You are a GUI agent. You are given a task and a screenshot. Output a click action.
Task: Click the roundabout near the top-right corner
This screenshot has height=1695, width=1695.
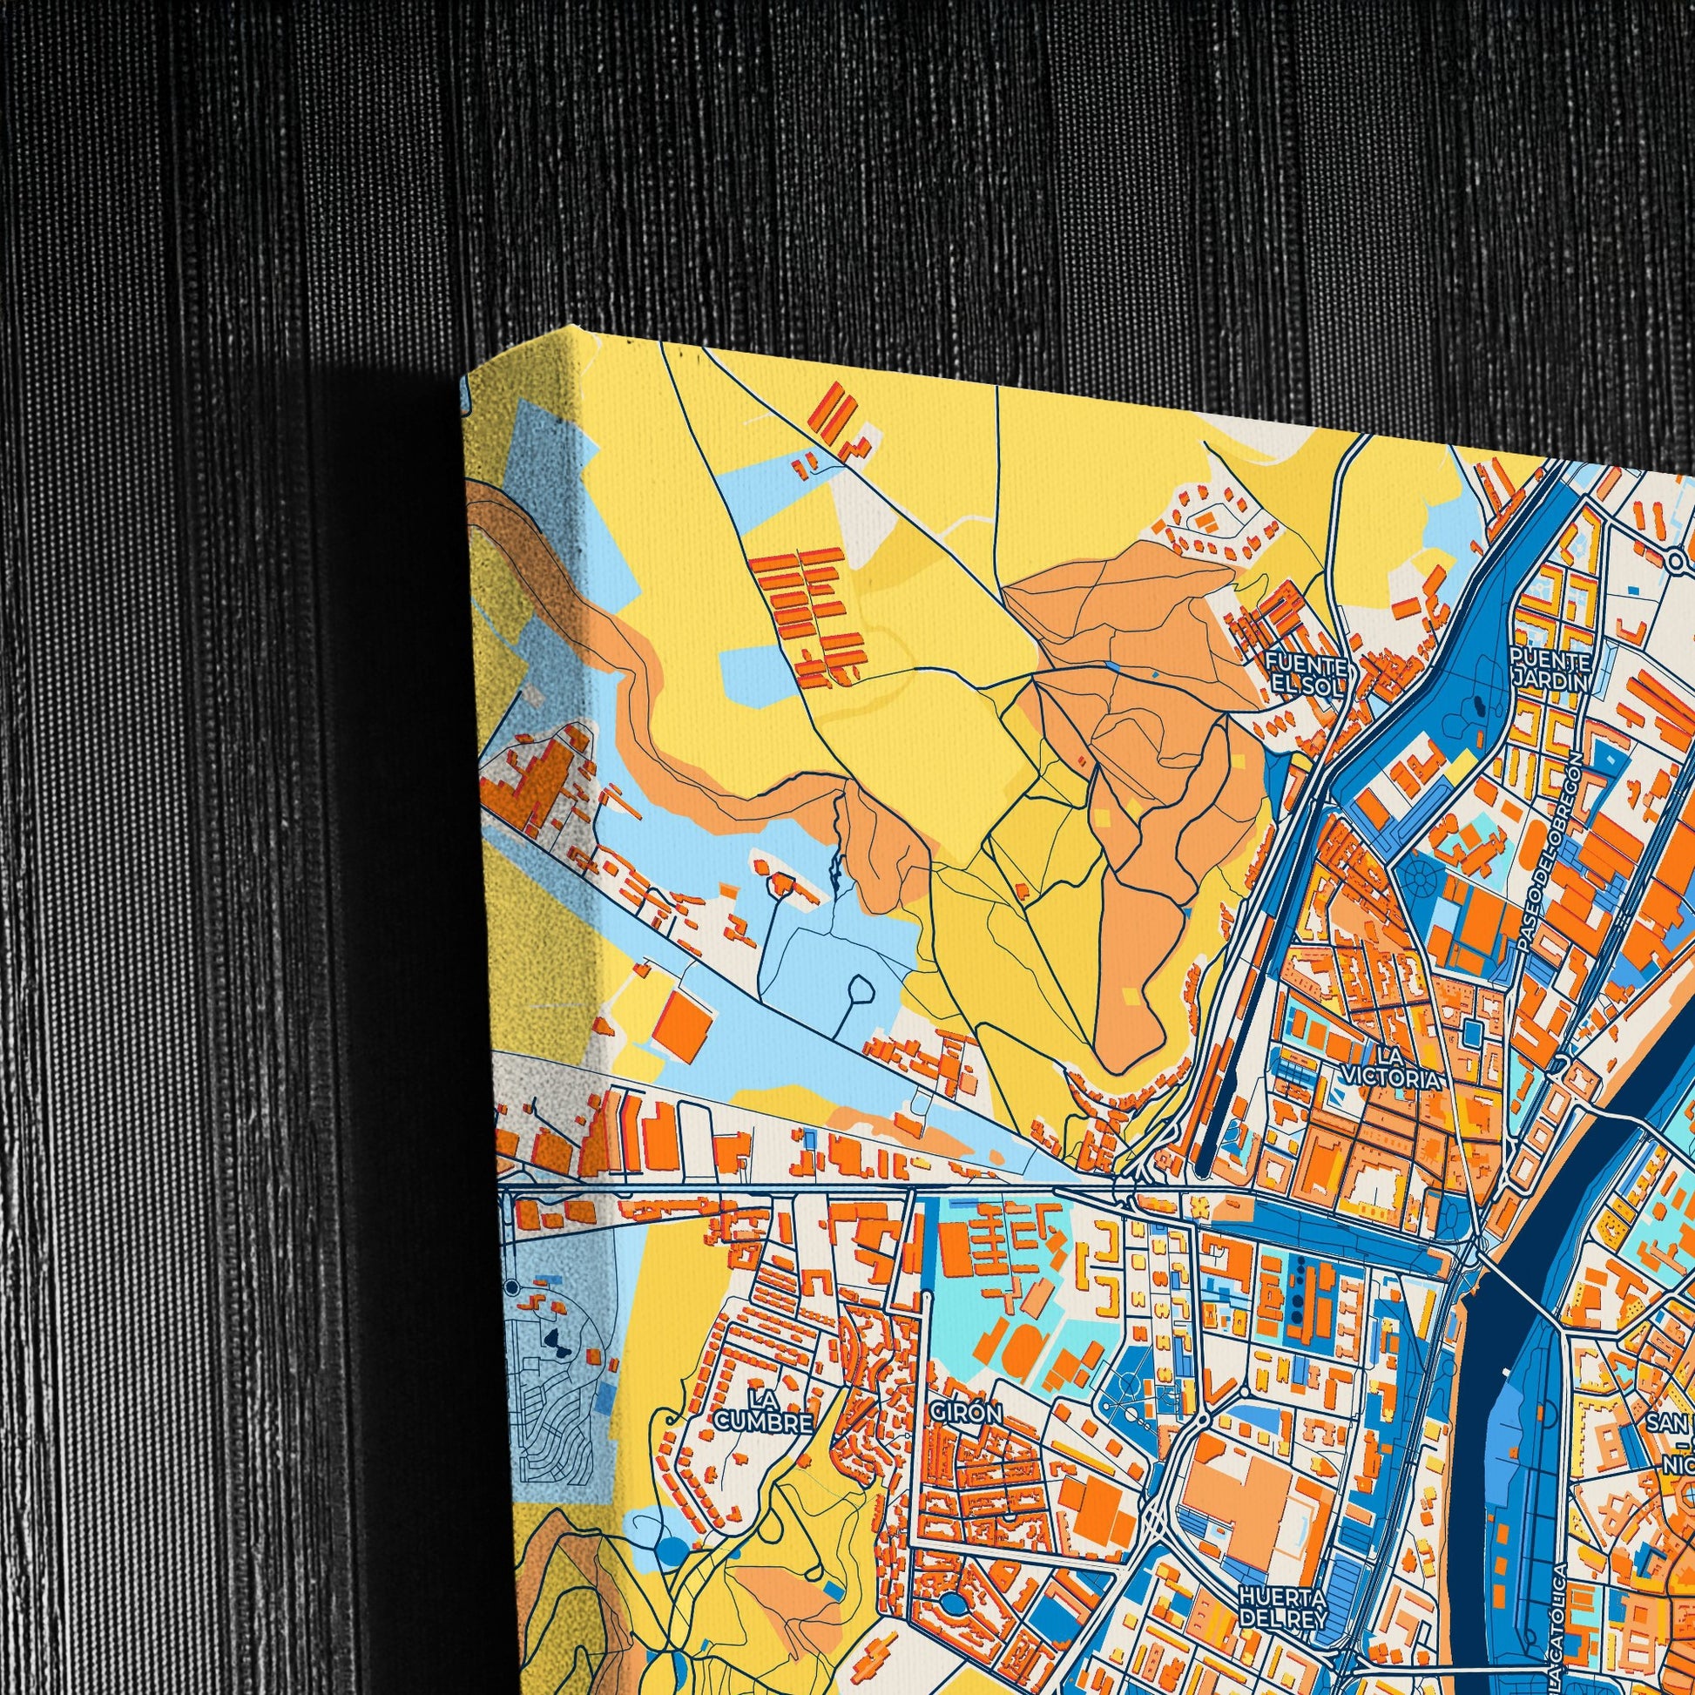1678,561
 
